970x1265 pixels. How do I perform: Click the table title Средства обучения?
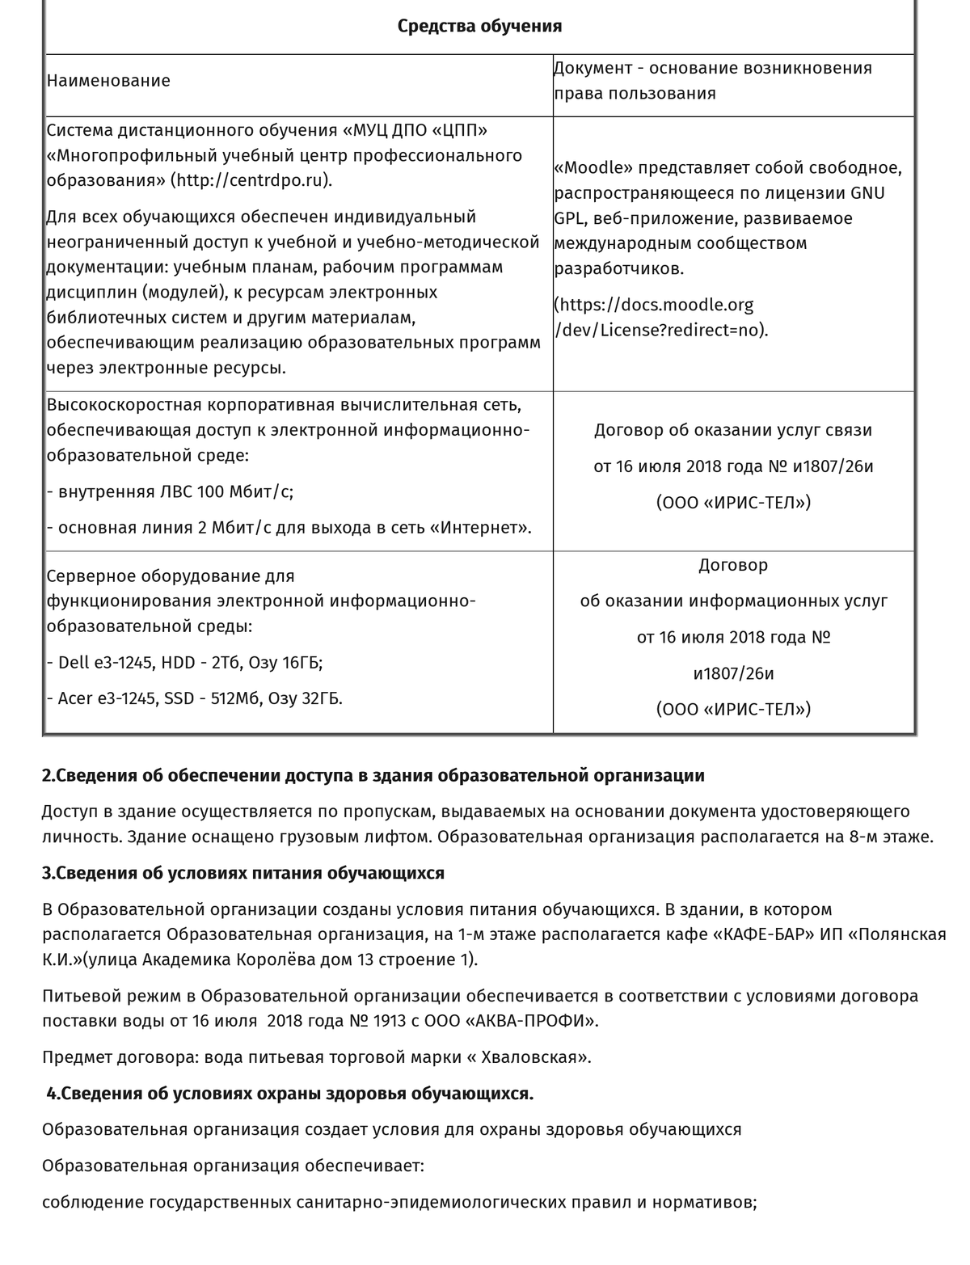coord(479,26)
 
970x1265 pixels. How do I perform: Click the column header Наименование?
coord(108,81)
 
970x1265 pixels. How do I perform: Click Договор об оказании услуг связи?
coord(732,431)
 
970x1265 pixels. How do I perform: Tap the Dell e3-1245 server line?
coord(185,663)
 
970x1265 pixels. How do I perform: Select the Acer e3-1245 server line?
coord(195,698)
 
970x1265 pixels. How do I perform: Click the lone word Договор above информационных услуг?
coord(732,565)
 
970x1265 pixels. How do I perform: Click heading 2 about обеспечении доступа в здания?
coord(373,776)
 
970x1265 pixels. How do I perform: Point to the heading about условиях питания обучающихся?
coord(243,873)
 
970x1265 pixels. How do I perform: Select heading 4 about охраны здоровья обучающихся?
coord(289,1094)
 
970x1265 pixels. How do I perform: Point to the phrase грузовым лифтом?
coord(365,837)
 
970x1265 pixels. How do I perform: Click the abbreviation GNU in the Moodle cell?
coord(867,193)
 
